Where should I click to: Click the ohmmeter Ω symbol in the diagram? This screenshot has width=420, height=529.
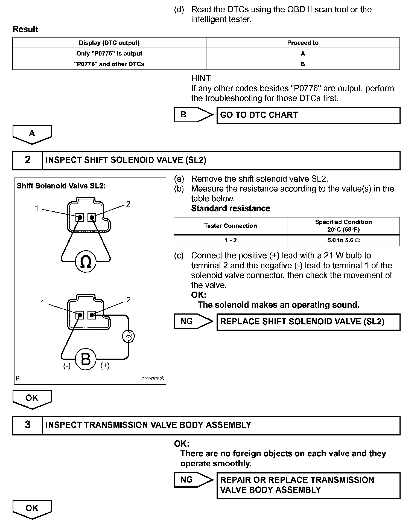[x=86, y=262]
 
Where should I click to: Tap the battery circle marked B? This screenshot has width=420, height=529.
[x=86, y=359]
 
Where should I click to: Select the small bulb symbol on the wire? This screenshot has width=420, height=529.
[x=128, y=336]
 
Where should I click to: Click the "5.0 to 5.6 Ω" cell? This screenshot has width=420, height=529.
[x=343, y=240]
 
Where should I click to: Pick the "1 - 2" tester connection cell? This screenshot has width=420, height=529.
[x=230, y=240]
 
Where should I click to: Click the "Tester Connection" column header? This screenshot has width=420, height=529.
[x=230, y=226]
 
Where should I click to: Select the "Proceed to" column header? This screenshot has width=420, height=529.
[x=303, y=43]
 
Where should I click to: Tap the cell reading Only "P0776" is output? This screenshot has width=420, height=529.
[x=109, y=54]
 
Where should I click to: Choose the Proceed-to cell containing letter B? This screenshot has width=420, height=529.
[x=303, y=64]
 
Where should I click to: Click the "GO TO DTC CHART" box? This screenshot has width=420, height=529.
[x=308, y=115]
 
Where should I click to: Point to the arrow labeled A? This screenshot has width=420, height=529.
[x=32, y=134]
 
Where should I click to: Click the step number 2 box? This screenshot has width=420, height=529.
[x=28, y=160]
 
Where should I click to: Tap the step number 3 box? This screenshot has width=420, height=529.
[x=28, y=425]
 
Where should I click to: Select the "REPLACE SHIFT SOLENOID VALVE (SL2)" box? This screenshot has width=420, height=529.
[x=308, y=322]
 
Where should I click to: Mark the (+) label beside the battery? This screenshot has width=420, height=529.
[x=105, y=366]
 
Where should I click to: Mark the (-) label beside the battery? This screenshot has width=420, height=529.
[x=67, y=366]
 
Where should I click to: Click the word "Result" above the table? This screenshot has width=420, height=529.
[x=25, y=29]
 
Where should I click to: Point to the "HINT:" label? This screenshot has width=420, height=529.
[x=202, y=79]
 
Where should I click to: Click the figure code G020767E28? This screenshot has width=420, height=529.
[x=152, y=379]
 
